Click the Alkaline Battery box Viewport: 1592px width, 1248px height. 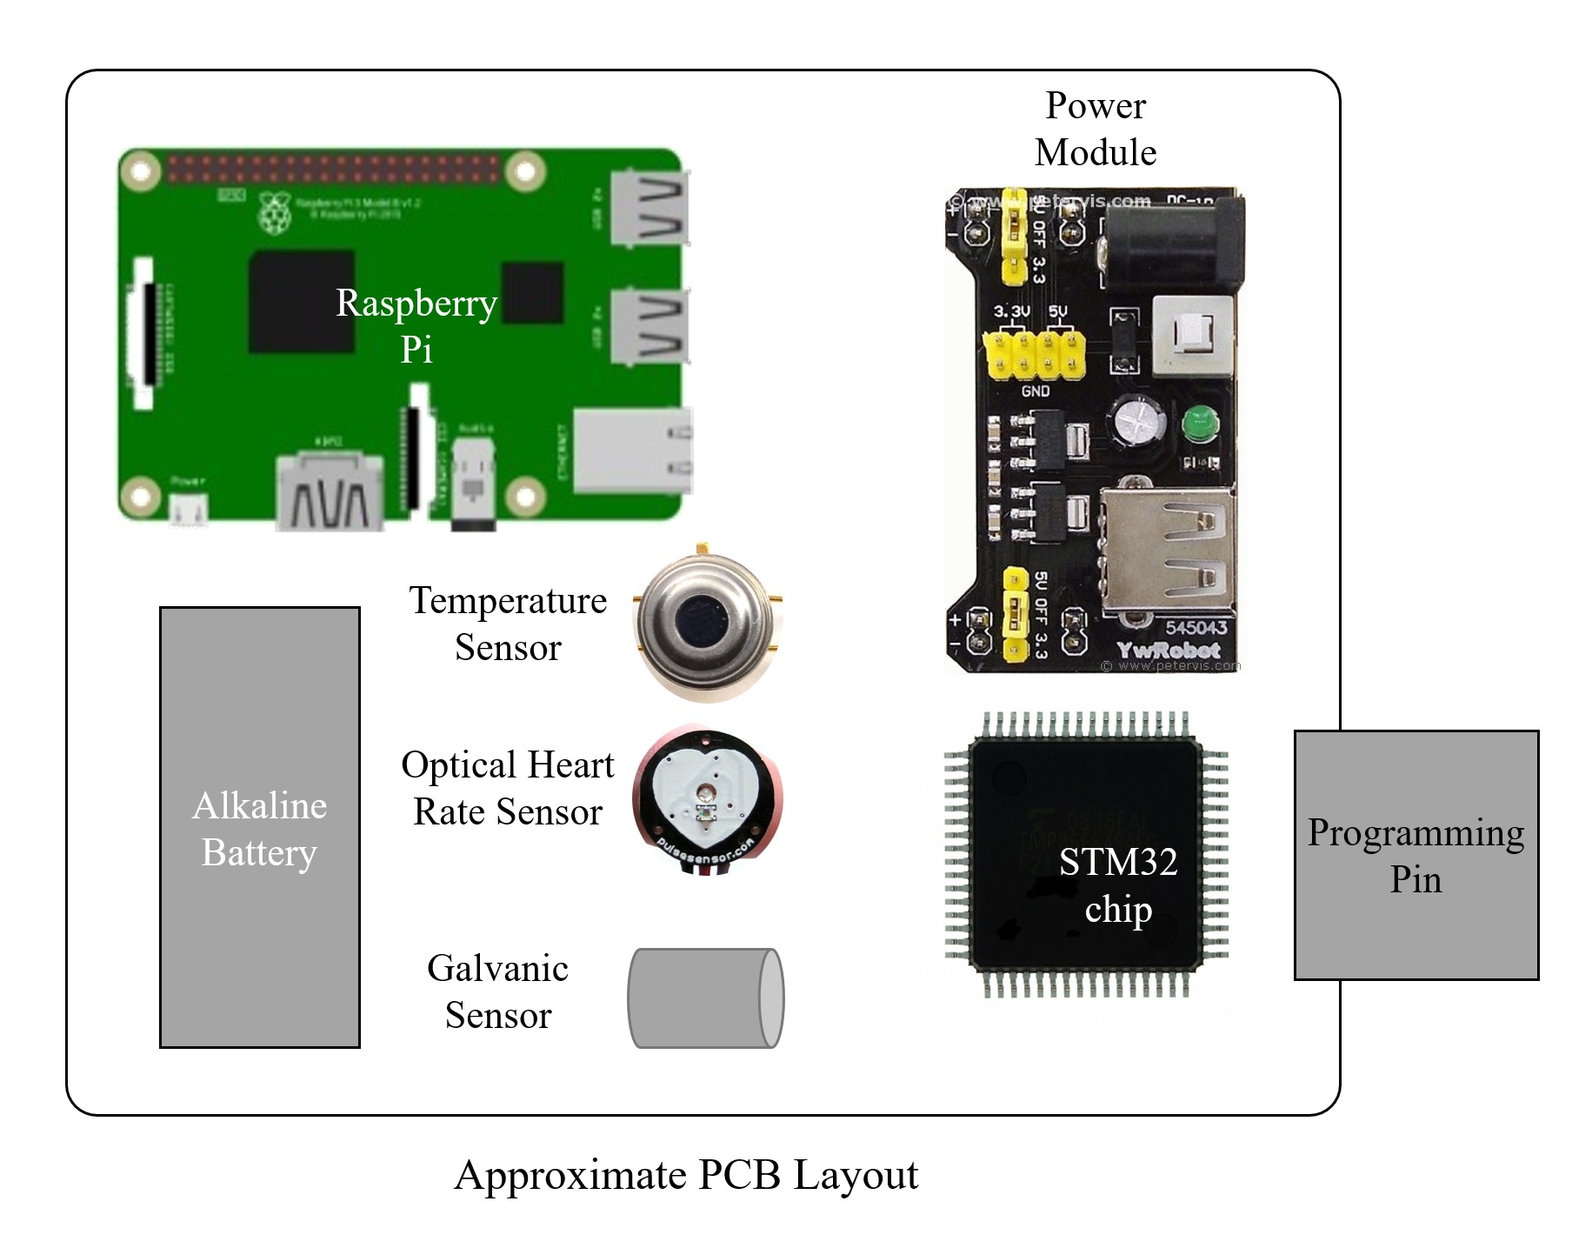coord(259,826)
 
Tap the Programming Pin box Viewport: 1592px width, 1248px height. coord(1415,855)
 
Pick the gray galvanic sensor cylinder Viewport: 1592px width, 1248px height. coord(705,998)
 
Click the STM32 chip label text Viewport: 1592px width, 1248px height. coord(1118,885)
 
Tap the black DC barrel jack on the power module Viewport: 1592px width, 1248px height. coord(1174,239)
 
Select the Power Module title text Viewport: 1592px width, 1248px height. coord(1095,129)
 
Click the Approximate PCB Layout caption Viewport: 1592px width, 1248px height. coord(686,1175)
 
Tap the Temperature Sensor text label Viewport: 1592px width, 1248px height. coord(508,624)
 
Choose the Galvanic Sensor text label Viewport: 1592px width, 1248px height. coord(498,991)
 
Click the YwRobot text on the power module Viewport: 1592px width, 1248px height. coord(1168,650)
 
